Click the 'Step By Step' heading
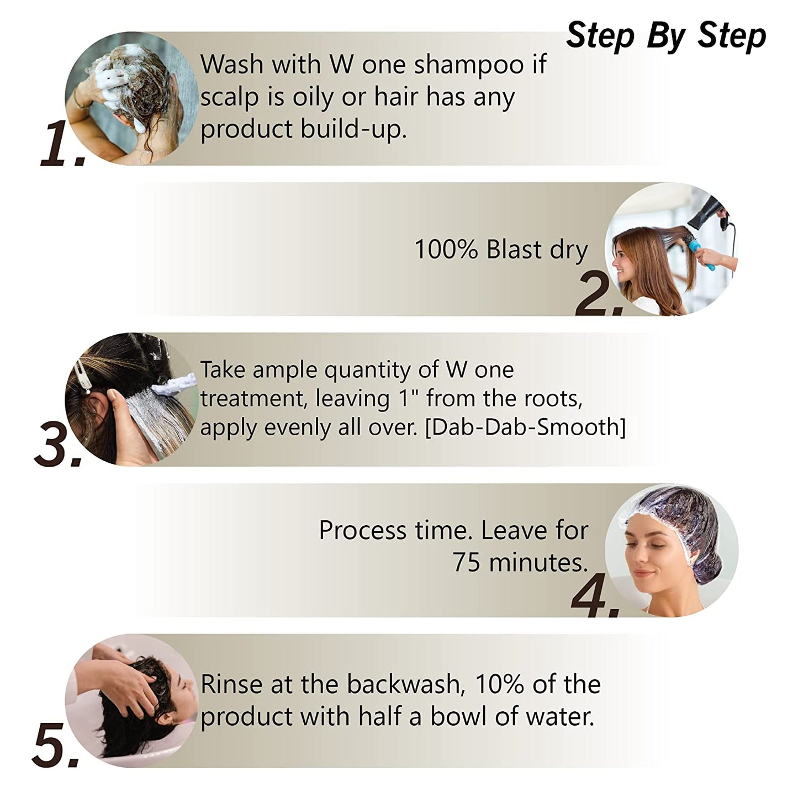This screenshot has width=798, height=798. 666,36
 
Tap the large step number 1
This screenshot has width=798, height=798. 62,145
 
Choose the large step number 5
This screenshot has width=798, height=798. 56,747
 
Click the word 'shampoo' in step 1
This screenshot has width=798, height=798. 468,65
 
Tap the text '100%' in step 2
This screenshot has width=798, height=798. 446,250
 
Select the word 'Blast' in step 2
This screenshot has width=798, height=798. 514,250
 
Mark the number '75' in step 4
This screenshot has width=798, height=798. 467,562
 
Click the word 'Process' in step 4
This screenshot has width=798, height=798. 362,531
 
